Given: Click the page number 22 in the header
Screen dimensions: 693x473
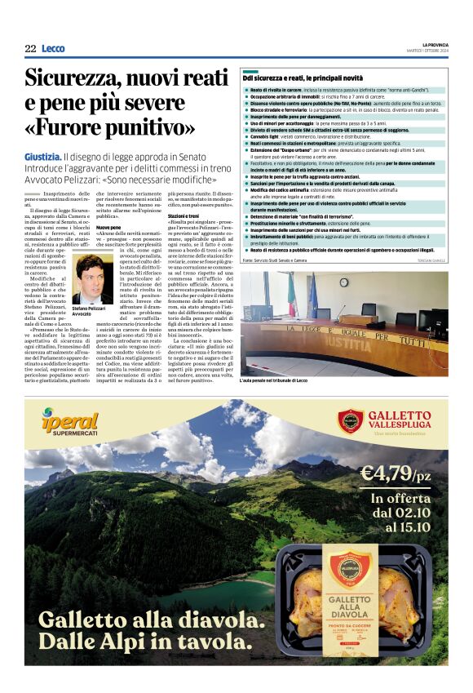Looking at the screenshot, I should (30, 49).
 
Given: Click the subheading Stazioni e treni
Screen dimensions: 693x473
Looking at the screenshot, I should (183, 215).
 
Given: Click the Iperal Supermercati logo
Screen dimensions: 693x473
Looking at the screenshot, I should (70, 423).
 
